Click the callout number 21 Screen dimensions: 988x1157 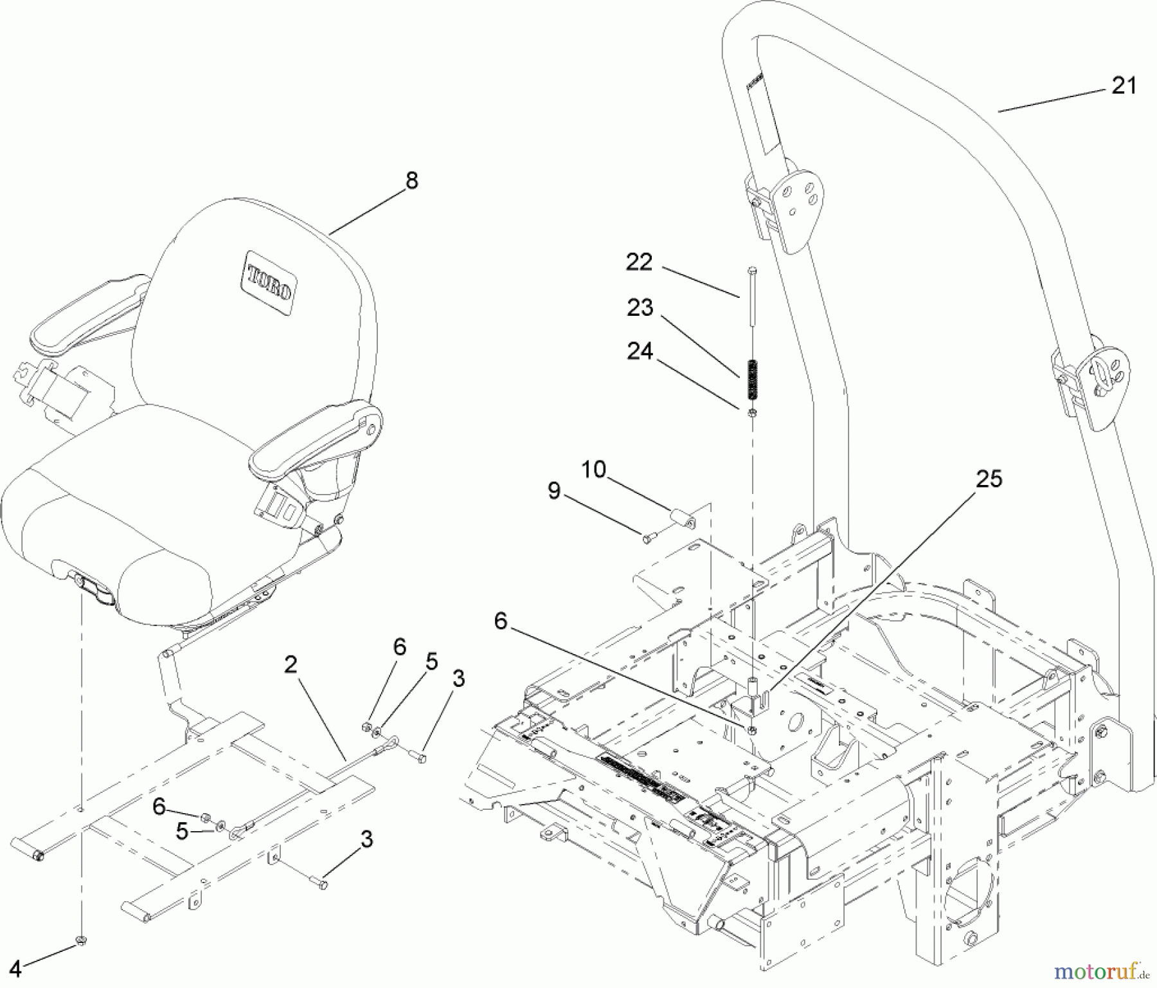pos(1124,86)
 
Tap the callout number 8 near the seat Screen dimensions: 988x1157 pos(411,181)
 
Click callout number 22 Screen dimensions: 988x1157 pos(639,262)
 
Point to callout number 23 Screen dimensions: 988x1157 pos(640,308)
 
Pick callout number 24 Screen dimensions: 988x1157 pos(640,352)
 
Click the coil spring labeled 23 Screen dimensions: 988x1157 pos(753,380)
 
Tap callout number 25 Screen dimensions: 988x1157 pos(989,479)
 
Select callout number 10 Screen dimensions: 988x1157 pos(594,470)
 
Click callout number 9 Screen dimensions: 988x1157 pos(554,492)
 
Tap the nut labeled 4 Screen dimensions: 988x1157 pos(82,941)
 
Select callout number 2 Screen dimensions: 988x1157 pos(291,665)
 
